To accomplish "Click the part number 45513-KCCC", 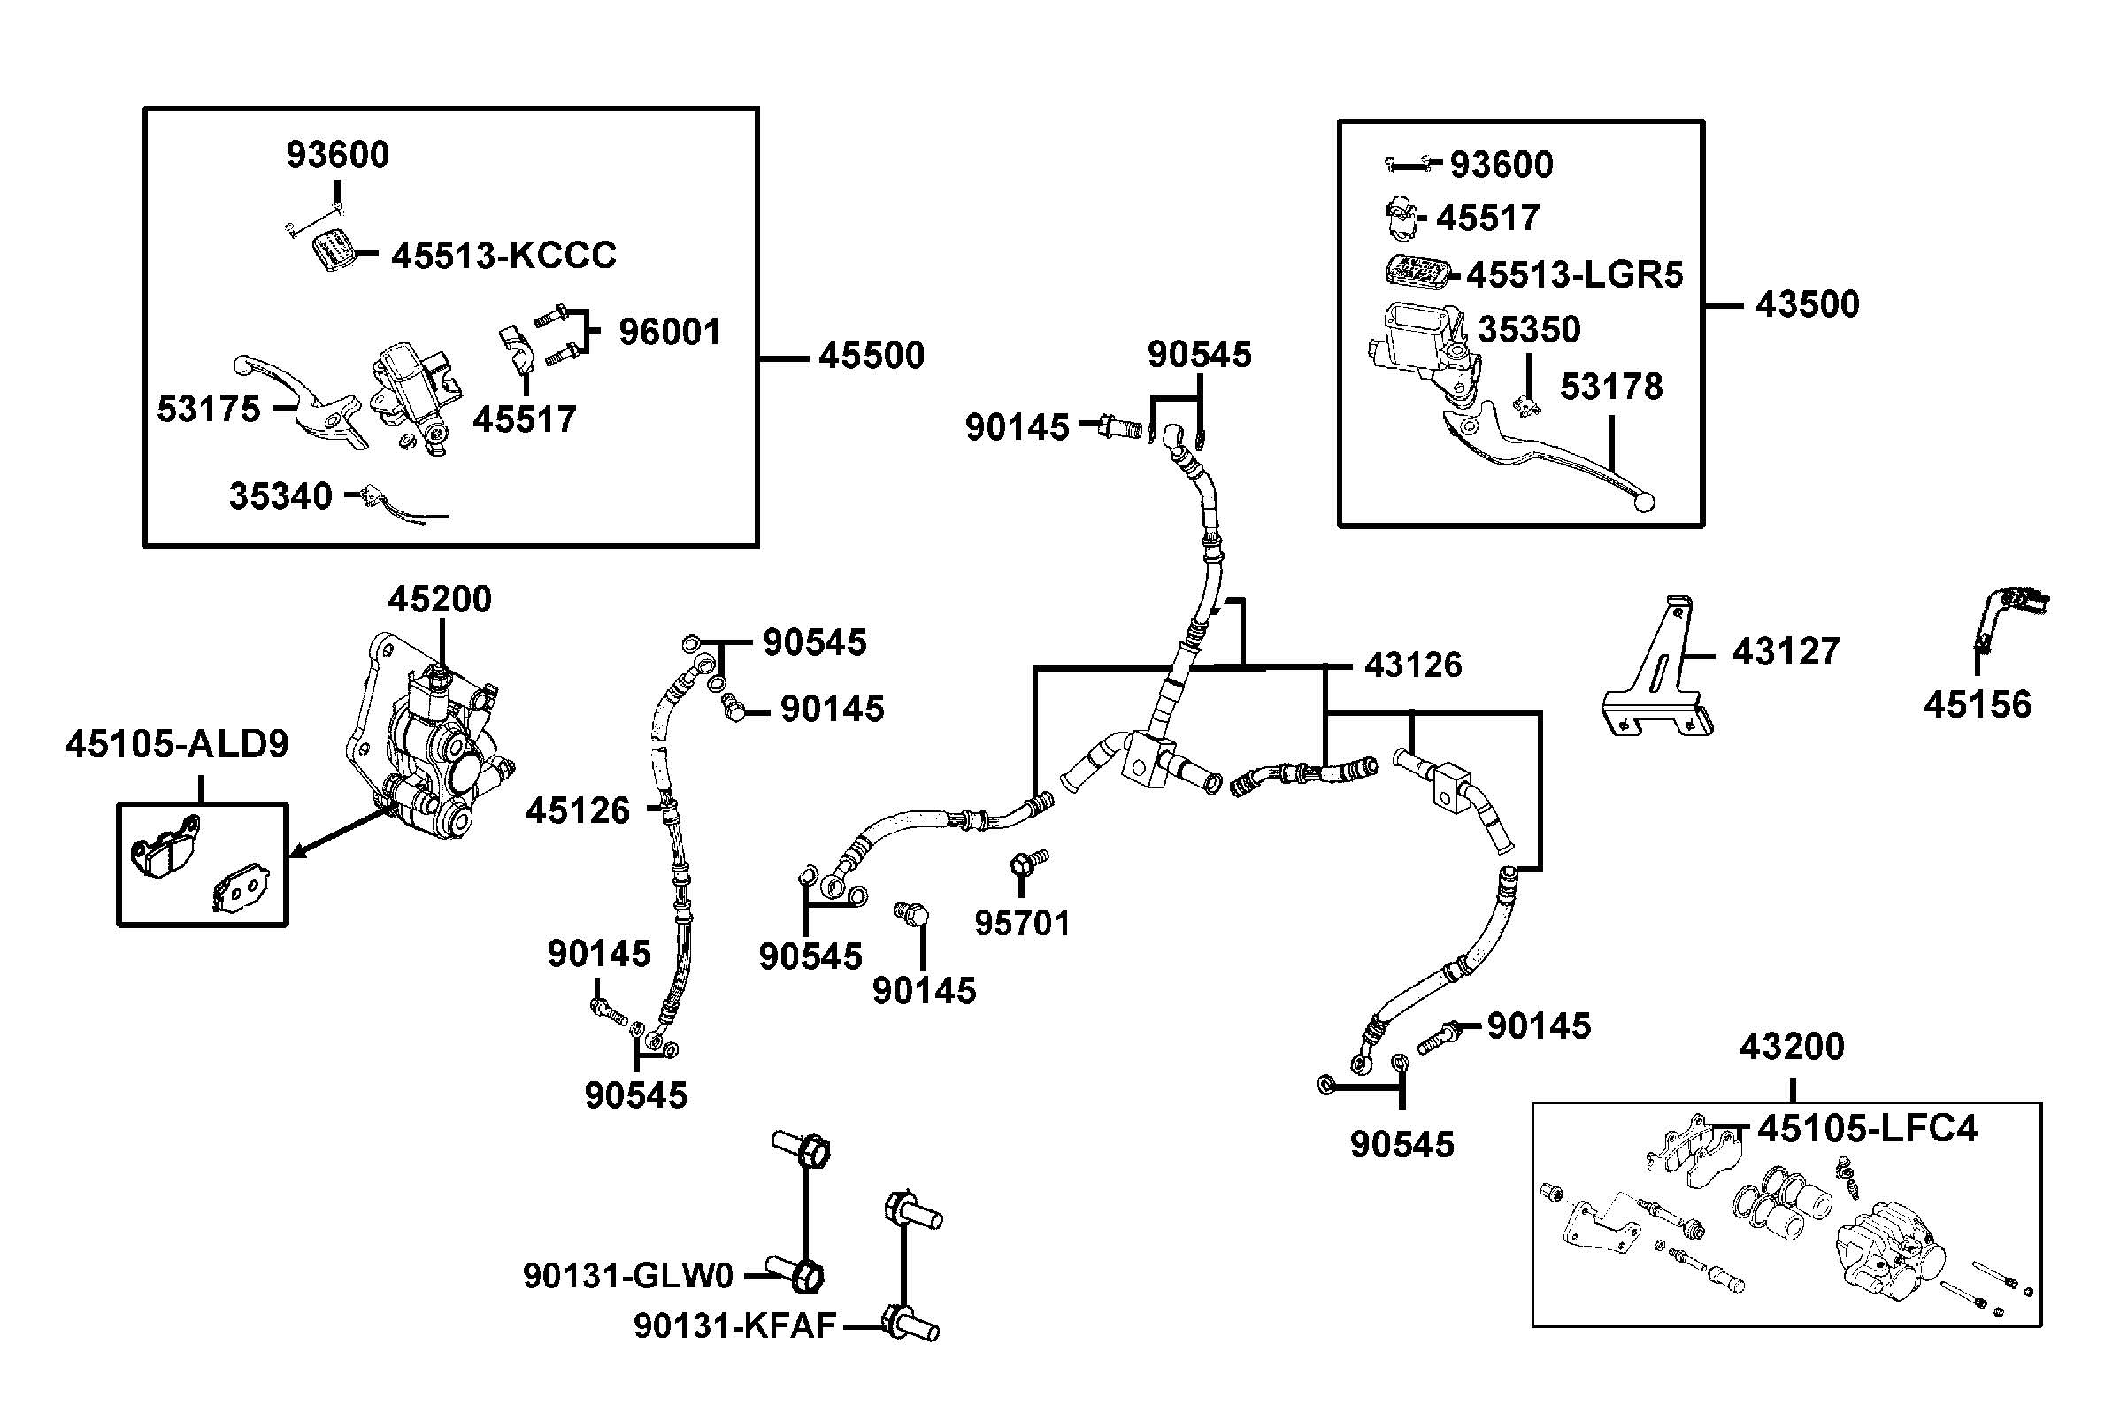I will (x=503, y=256).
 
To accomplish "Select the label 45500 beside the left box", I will (x=871, y=356).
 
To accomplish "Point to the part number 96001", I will (x=670, y=333).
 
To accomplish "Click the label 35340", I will (x=280, y=496).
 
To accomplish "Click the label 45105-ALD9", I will (x=177, y=744).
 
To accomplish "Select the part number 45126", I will (x=578, y=811).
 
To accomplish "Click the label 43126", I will (x=1413, y=665).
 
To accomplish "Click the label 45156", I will (x=1977, y=704).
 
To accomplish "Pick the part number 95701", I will (x=1022, y=924).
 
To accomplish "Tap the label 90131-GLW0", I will (x=628, y=1276).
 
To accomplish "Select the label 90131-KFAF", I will (x=734, y=1325).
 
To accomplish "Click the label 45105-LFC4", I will (x=1867, y=1128).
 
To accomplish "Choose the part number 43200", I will (x=1791, y=1047).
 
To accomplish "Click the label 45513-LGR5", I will (x=1574, y=275).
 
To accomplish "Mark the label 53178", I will (x=1611, y=387).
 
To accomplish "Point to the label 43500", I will (x=1807, y=304).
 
